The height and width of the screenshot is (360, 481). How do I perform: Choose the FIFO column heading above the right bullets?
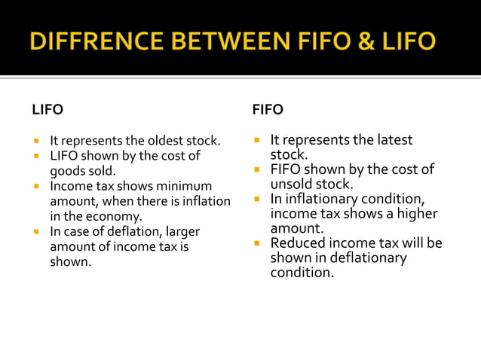click(x=268, y=110)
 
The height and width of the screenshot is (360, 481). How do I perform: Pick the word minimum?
click(x=184, y=186)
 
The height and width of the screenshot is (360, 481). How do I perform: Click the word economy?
click(x=118, y=216)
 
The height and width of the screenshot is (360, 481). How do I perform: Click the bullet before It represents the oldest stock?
click(x=35, y=141)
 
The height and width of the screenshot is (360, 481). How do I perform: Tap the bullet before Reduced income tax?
click(x=256, y=244)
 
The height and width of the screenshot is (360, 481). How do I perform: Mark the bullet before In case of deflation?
click(x=35, y=231)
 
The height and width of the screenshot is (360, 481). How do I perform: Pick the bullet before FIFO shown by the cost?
click(x=256, y=170)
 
